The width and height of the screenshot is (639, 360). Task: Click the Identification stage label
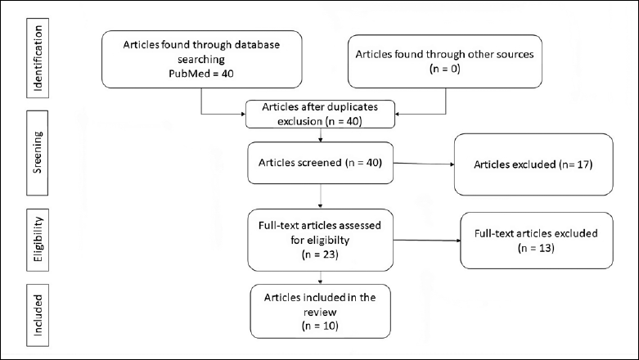(x=38, y=58)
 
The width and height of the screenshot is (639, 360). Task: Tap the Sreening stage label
(x=37, y=152)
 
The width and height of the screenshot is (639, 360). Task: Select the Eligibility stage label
(x=38, y=240)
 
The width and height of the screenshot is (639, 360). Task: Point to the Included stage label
(x=38, y=315)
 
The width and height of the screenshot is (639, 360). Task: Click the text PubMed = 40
(x=201, y=74)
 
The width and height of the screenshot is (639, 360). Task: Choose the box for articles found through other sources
(x=444, y=61)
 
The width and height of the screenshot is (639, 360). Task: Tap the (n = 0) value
(x=444, y=69)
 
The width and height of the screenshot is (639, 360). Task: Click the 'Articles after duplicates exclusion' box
(x=320, y=115)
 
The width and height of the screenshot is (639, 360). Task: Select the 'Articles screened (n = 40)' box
(x=320, y=163)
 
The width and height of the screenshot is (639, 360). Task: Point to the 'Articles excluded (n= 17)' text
(x=533, y=164)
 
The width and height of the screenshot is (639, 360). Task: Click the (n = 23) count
(x=320, y=254)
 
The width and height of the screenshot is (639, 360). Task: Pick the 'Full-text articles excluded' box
(x=536, y=241)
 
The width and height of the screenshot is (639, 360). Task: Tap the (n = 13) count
(x=536, y=248)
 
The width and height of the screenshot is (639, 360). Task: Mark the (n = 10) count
(x=320, y=326)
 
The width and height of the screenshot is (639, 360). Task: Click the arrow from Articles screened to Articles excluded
(x=424, y=164)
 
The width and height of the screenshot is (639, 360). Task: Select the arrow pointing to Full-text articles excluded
(x=426, y=240)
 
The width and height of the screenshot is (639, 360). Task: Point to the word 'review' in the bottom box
(x=320, y=312)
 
